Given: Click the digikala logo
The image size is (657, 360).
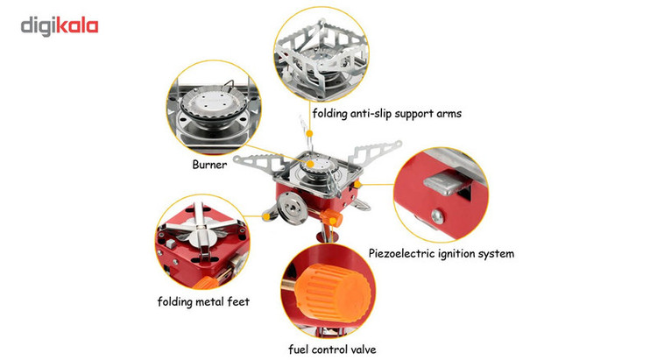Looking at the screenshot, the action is pyautogui.click(x=60, y=26).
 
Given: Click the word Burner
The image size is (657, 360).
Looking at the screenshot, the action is pyautogui.click(x=209, y=165).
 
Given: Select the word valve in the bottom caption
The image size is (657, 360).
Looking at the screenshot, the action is pyautogui.click(x=363, y=349).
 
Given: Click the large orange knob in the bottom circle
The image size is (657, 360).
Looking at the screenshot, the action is pyautogui.click(x=332, y=293).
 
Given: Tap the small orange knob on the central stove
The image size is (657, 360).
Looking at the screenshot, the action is pyautogui.click(x=331, y=218).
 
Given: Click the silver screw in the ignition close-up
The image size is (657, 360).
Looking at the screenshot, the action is pyautogui.click(x=437, y=216).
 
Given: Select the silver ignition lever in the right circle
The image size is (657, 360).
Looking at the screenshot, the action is pyautogui.click(x=446, y=183).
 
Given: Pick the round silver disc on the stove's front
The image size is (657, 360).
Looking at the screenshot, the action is pyautogui.click(x=292, y=208).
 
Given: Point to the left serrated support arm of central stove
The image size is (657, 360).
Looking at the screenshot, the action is pyautogui.click(x=255, y=163).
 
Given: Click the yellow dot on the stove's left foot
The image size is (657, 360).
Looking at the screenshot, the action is pyautogui.click(x=266, y=216).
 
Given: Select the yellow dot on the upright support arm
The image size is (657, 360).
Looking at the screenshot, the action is pyautogui.click(x=309, y=133).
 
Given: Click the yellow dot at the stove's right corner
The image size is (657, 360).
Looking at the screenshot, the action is pyautogui.click(x=357, y=184).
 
